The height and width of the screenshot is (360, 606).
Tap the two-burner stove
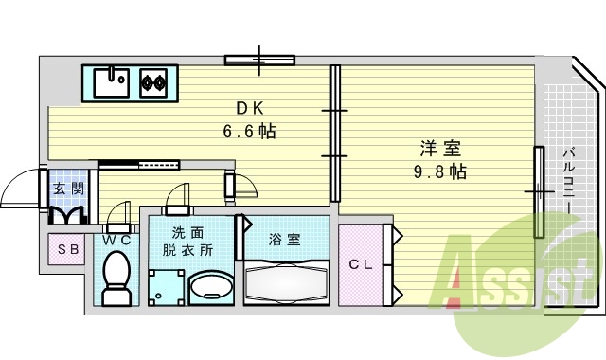[x=154, y=82]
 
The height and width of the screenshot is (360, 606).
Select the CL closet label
[x=360, y=264]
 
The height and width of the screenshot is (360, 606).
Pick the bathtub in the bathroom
[x=286, y=280]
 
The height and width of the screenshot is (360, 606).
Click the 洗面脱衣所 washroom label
[x=187, y=242]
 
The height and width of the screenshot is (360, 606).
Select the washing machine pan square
[x=166, y=285]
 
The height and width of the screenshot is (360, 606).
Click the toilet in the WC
[x=116, y=280]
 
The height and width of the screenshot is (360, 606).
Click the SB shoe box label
[x=68, y=250]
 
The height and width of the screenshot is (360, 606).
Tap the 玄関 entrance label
[x=67, y=189]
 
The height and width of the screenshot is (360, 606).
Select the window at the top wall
[x=259, y=60]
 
